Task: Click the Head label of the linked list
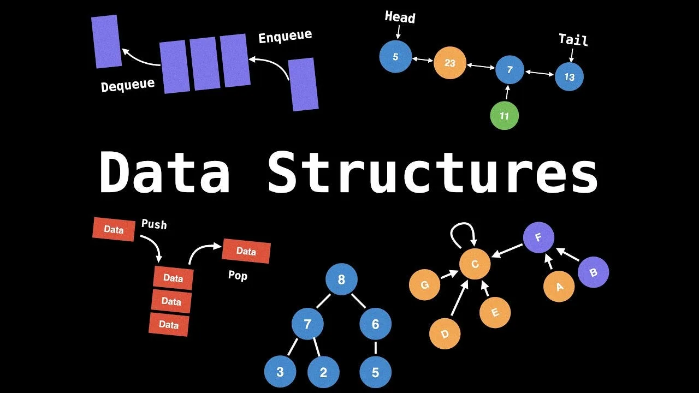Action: click(400, 17)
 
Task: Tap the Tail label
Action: click(573, 39)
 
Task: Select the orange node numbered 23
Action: click(449, 63)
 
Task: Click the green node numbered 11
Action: click(504, 116)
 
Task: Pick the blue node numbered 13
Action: click(569, 77)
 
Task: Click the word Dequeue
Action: click(128, 85)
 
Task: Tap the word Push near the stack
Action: click(154, 224)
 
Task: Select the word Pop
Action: click(238, 275)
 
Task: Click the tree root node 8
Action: click(341, 280)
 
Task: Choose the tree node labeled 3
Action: click(280, 372)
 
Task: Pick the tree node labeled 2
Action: click(323, 372)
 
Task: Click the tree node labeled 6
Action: click(375, 324)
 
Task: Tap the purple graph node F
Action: click(538, 238)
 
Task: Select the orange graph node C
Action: click(475, 264)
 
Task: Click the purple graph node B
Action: click(593, 272)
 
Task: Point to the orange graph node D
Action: click(445, 333)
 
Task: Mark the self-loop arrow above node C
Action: click(463, 234)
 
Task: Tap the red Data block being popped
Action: click(246, 251)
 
